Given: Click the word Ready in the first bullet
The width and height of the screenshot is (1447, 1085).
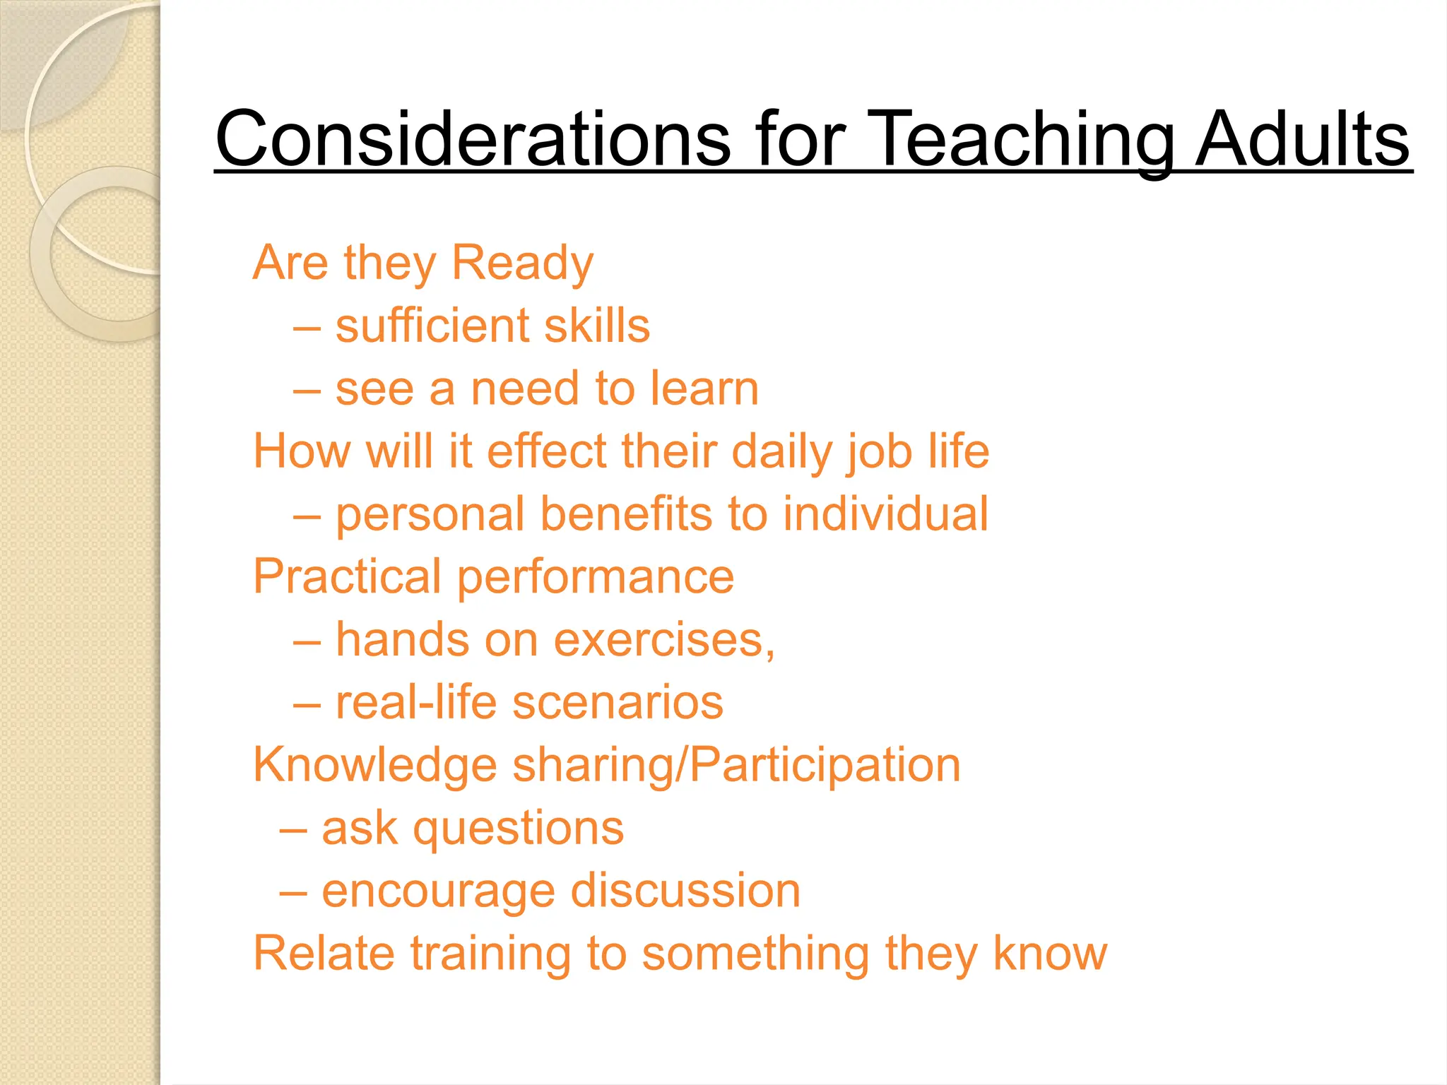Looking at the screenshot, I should [x=522, y=263].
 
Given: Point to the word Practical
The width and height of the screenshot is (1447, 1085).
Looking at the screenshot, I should [x=347, y=576].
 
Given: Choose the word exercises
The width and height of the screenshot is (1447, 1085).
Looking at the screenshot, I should [x=663, y=640].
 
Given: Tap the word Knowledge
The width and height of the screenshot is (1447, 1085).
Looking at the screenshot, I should [x=375, y=766].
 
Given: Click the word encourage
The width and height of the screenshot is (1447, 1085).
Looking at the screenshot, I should [x=438, y=891].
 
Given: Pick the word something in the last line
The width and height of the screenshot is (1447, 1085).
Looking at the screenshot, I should [x=755, y=954].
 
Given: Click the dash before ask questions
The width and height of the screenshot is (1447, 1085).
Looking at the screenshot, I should [x=293, y=830].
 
